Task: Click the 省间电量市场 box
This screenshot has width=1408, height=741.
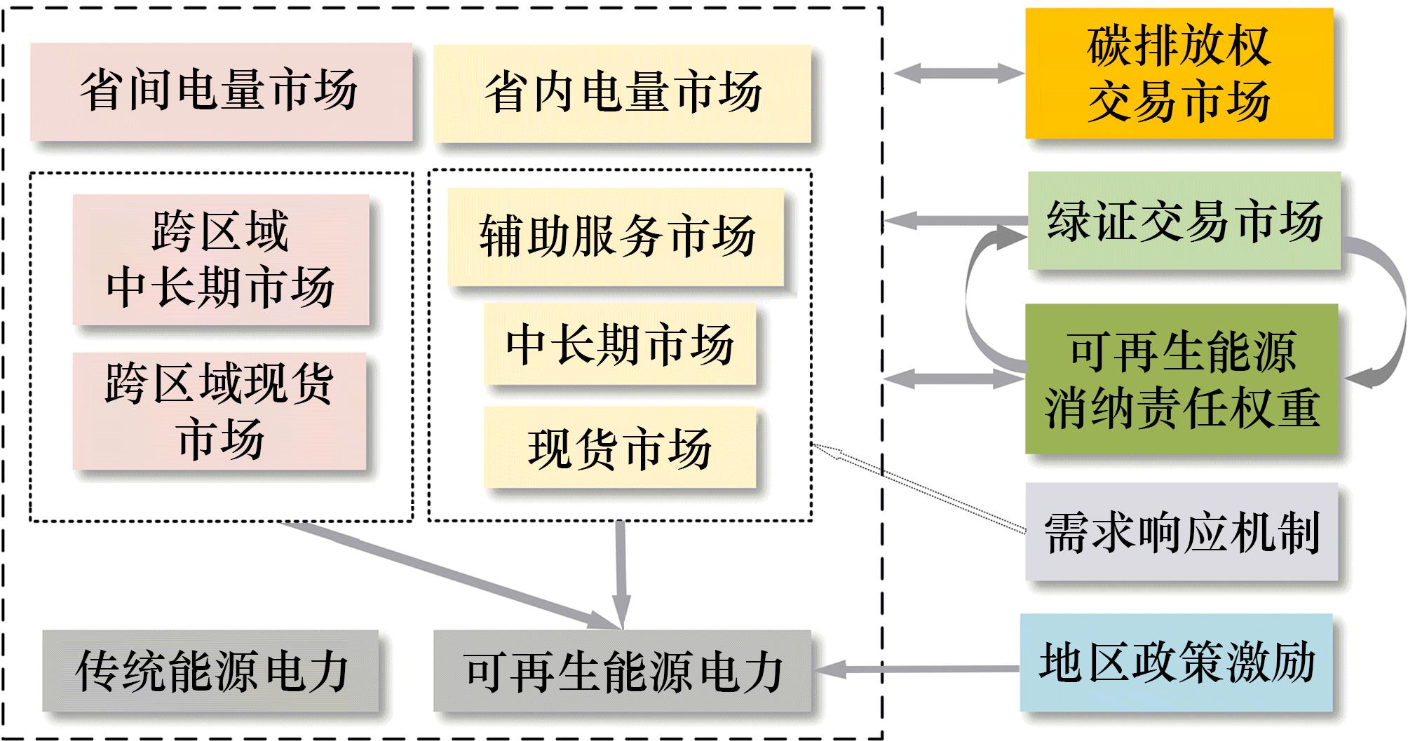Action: coord(221,91)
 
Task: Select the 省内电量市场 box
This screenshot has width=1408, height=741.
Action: coord(622,93)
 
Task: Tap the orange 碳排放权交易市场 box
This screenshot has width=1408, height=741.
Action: coord(1179,73)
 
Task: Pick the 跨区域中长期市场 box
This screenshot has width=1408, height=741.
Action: coord(221,259)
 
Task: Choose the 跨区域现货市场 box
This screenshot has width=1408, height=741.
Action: coord(219,411)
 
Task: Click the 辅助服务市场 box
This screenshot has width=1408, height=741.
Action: coord(616,236)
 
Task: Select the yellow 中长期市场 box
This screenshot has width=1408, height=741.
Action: coord(620,344)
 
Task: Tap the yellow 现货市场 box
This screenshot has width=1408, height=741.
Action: coord(620,448)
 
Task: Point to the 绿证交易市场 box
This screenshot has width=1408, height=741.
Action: coord(1184,221)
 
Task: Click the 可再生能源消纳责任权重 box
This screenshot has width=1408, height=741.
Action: coord(1182,379)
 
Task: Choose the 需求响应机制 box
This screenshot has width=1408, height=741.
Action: coord(1182,531)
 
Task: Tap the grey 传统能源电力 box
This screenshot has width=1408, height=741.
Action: coord(210,671)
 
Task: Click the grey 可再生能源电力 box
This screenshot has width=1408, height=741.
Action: coord(622,671)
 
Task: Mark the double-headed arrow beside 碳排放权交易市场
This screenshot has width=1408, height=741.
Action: coord(959,73)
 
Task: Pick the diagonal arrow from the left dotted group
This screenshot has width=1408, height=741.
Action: coord(449,572)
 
